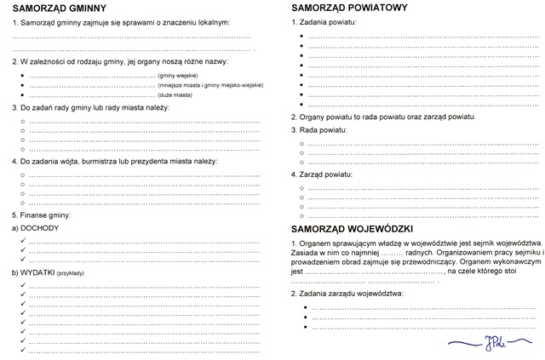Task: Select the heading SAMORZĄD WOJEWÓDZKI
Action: [x=352, y=230]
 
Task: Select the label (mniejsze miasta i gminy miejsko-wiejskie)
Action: [x=209, y=86]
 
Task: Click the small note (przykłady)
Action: [x=76, y=273]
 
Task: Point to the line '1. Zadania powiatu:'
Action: [x=325, y=20]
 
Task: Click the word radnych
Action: [x=423, y=253]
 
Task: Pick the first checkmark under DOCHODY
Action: [x=22, y=241]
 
